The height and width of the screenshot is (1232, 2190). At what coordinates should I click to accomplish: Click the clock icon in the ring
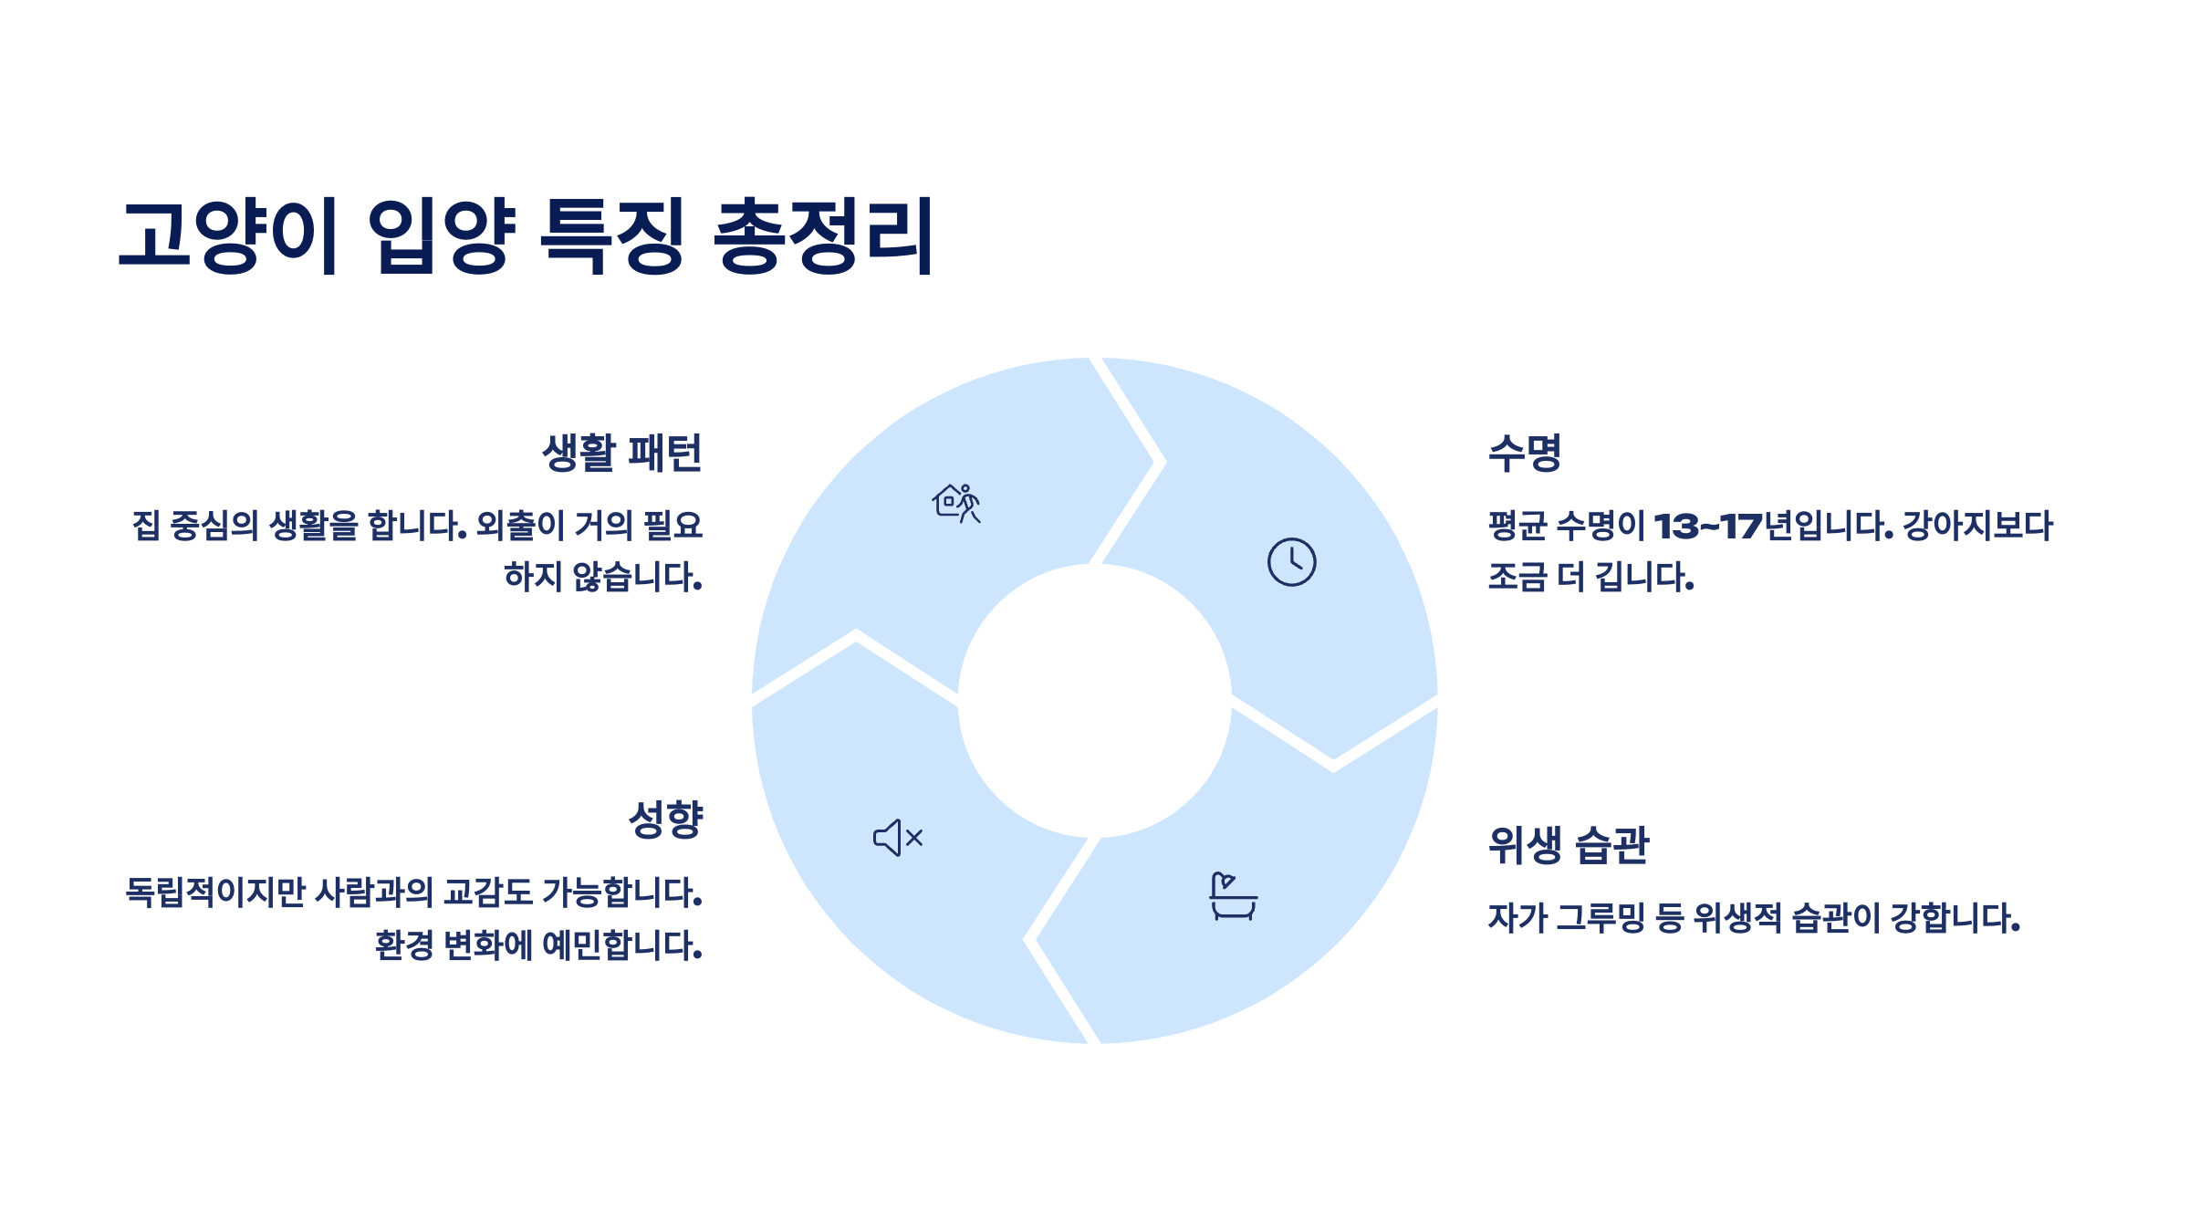click(x=1291, y=562)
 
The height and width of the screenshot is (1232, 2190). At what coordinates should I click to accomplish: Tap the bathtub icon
click(x=1233, y=896)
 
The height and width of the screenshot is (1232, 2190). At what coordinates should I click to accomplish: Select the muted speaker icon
click(x=898, y=838)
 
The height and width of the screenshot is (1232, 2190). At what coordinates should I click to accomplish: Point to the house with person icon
click(x=956, y=503)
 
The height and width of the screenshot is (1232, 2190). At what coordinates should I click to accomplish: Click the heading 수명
click(x=1525, y=453)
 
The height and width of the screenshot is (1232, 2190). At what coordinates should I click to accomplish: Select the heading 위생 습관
click(x=1568, y=845)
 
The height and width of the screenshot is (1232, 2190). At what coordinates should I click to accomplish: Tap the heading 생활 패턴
click(x=621, y=453)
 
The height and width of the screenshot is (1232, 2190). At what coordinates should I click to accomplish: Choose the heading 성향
click(x=665, y=820)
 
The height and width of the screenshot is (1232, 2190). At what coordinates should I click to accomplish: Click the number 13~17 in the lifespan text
click(x=1707, y=527)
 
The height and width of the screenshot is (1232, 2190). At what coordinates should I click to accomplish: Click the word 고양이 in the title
click(x=229, y=235)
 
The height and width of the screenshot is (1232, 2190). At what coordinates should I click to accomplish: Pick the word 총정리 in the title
click(x=823, y=235)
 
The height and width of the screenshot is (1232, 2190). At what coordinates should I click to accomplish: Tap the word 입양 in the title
click(x=442, y=235)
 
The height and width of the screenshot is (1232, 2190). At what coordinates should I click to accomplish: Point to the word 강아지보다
click(x=1977, y=527)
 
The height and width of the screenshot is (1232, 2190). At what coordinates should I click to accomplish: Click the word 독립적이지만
click(x=215, y=893)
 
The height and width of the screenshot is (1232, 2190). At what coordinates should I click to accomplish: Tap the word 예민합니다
click(x=621, y=945)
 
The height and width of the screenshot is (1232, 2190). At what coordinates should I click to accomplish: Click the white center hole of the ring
click(x=1095, y=701)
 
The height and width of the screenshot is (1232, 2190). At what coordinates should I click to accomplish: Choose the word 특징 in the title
click(x=612, y=235)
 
